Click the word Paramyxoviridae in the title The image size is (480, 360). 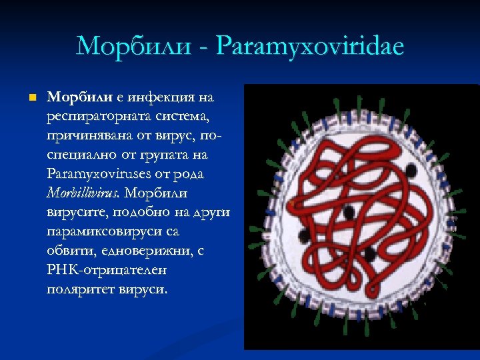[311, 47]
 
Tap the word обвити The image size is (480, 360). [67, 251]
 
